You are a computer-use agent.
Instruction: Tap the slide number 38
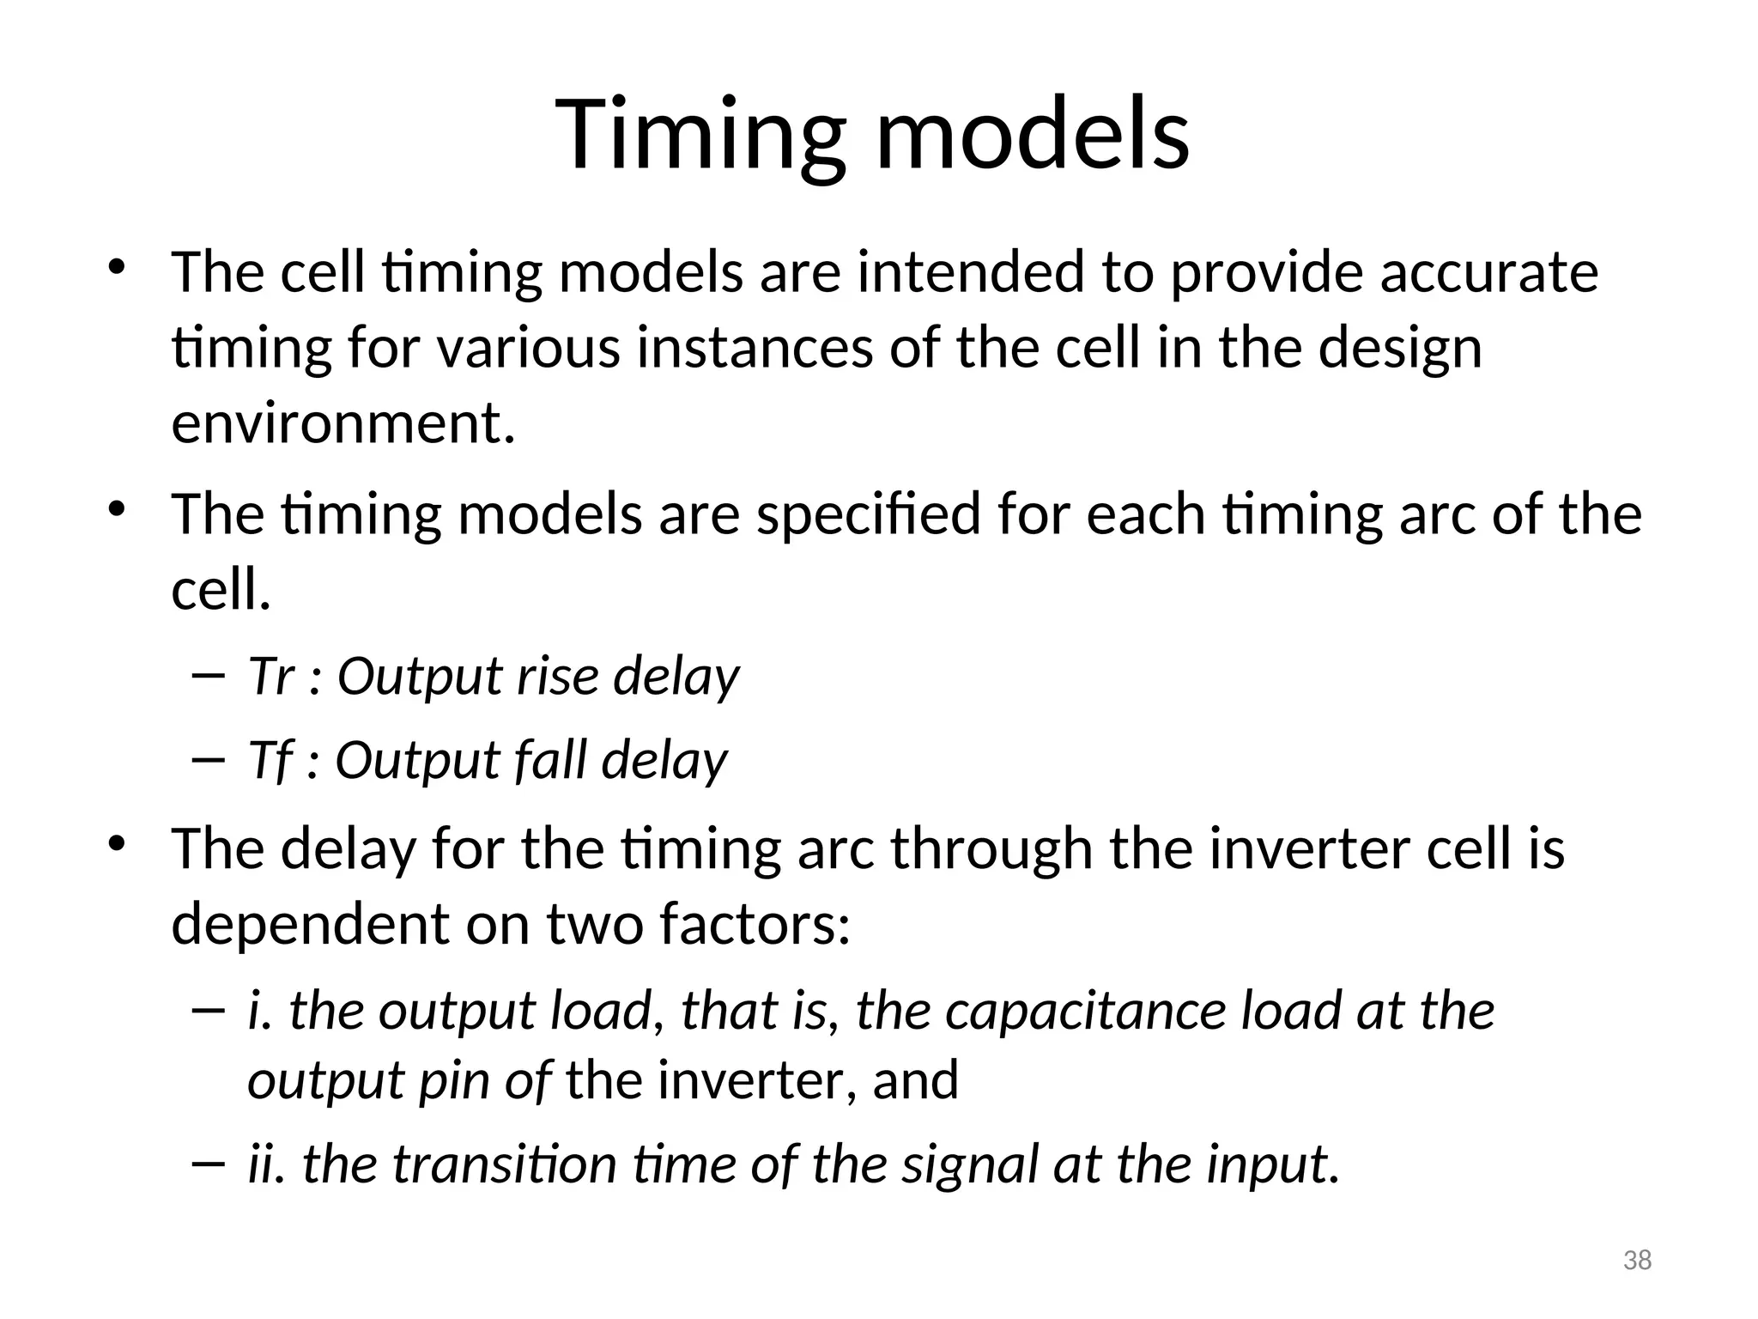click(x=1637, y=1261)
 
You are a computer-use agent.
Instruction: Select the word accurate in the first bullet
click(x=1488, y=273)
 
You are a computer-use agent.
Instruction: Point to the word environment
click(x=343, y=424)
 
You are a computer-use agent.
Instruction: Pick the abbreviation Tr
click(x=270, y=676)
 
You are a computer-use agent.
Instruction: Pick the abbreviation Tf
click(x=270, y=761)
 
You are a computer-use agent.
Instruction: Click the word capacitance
click(x=1087, y=1011)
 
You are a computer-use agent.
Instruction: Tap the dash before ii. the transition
click(x=209, y=1164)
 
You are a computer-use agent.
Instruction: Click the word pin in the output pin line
click(x=454, y=1081)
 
